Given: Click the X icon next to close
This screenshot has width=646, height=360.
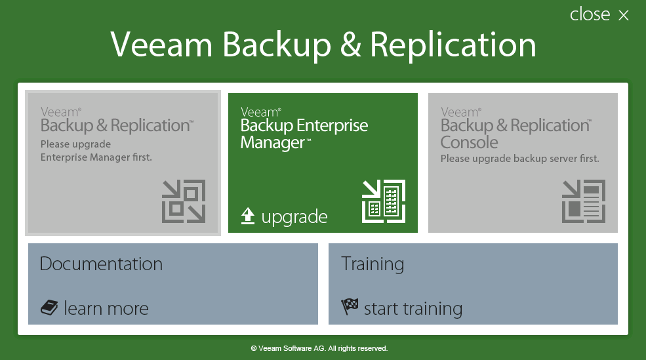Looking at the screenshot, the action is pos(624,15).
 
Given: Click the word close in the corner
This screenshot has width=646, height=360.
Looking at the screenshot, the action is pos(590,14).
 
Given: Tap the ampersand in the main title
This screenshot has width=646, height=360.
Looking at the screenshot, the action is pos(351,45).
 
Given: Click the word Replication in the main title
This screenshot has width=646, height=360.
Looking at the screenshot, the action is pos(453,45).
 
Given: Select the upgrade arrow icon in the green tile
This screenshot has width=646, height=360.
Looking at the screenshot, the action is pos(248,216).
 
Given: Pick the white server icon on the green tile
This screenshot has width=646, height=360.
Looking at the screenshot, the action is pos(384,201).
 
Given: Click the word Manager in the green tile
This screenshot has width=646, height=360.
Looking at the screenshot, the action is pos(272,143).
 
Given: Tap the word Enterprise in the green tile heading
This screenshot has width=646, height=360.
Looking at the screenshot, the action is pos(333,126).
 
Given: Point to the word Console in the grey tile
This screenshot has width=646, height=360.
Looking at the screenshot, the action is pos(470,142).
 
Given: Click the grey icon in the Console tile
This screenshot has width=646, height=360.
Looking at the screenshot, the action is pos(584,201).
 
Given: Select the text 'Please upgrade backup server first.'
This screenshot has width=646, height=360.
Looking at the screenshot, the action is pos(519,159).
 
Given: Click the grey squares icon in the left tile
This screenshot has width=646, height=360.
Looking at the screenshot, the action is pos(184,201).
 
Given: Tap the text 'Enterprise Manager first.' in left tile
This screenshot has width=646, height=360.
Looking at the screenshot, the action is pos(96,157).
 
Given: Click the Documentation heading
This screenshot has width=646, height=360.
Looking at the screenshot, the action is pos(101,264).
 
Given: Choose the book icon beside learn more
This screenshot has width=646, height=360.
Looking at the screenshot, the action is pos(49,308).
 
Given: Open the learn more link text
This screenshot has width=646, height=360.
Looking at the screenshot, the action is pos(106,308).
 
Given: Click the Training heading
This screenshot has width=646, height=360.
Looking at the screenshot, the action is pos(373,264).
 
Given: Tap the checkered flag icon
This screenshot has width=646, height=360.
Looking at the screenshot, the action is pos(350,306).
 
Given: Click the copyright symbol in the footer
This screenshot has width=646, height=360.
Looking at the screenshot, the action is pos(254,348).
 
